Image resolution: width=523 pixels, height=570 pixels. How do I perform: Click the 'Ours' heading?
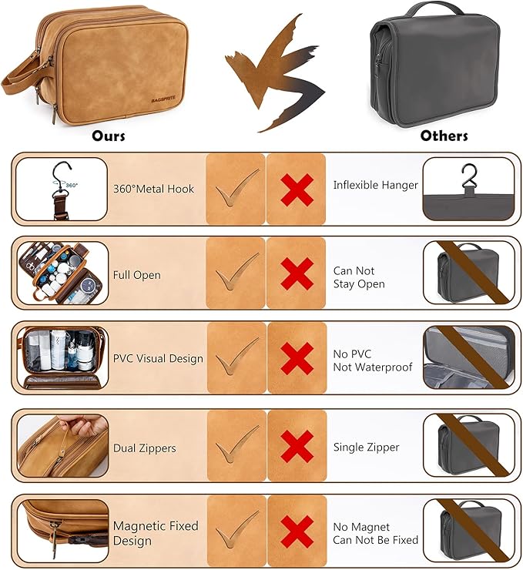[x=109, y=136]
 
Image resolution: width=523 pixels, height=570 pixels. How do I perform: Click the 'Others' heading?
[x=444, y=136]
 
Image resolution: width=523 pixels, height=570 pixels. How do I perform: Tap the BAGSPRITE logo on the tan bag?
[x=163, y=99]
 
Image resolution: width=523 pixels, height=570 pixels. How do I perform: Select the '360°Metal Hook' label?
[x=153, y=189]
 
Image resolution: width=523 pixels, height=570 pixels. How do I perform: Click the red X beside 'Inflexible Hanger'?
[x=297, y=189]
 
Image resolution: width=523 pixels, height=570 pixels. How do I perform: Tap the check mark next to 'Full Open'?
[x=237, y=271]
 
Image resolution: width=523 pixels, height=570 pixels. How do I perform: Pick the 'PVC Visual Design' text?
[x=158, y=358]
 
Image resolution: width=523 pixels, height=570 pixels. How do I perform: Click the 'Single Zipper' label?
[x=367, y=447]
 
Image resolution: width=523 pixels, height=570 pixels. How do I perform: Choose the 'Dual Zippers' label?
[x=144, y=448]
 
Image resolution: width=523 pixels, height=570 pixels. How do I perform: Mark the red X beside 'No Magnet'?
[x=297, y=531]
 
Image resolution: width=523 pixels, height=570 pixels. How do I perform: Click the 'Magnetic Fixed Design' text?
[x=156, y=533]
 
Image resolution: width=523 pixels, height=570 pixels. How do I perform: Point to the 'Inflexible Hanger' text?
[x=375, y=185]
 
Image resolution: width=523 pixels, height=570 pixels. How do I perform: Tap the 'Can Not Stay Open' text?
[x=359, y=277]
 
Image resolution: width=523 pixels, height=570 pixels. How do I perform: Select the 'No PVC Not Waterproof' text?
[x=373, y=360]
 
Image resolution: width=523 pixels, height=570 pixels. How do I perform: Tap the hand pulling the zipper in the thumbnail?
[x=83, y=424]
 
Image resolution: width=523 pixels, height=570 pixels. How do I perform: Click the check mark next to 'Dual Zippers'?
[x=237, y=444]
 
